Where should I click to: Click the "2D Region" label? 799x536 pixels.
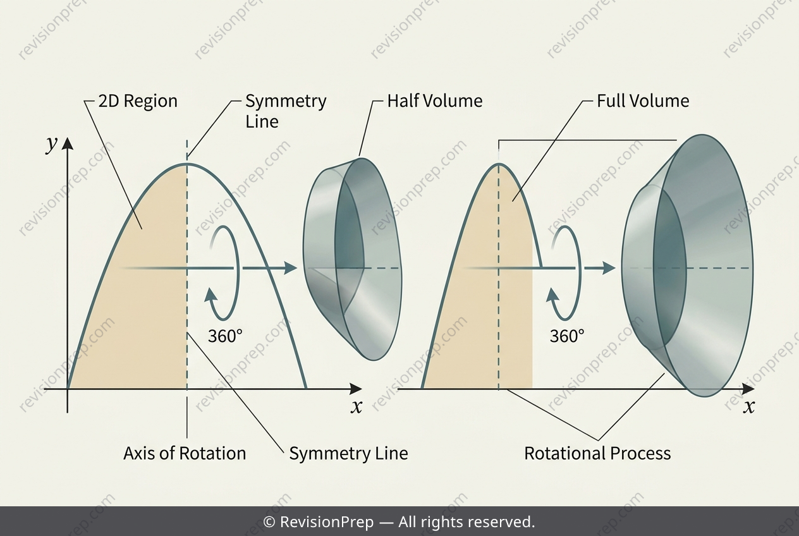pos(138,101)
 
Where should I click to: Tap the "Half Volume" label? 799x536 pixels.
pos(435,101)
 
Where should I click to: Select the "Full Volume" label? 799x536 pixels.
pos(643,101)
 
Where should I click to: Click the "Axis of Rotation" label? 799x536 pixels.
pos(185,454)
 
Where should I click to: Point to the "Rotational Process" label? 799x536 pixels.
pos(597,454)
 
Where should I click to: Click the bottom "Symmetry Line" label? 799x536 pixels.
pos(348,454)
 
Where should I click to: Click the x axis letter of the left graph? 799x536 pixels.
pos(357,407)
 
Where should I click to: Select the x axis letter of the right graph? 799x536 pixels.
pos(749,407)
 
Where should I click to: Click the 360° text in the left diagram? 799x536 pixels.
pos(225,336)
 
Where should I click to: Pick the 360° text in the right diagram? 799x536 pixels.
pos(567,336)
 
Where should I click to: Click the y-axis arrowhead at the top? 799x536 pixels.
pos(68,143)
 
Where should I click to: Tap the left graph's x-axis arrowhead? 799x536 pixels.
pos(356,389)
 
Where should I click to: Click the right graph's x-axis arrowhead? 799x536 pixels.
pos(748,389)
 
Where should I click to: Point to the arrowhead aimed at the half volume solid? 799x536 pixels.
pos(291,268)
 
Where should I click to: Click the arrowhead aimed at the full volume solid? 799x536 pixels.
pos(609,268)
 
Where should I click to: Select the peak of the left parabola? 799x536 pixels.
pos(186,164)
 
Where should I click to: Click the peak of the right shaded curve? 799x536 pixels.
pos(499,164)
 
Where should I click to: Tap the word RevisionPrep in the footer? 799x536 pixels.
pos(327,521)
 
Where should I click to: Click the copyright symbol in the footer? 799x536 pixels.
pos(269,522)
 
